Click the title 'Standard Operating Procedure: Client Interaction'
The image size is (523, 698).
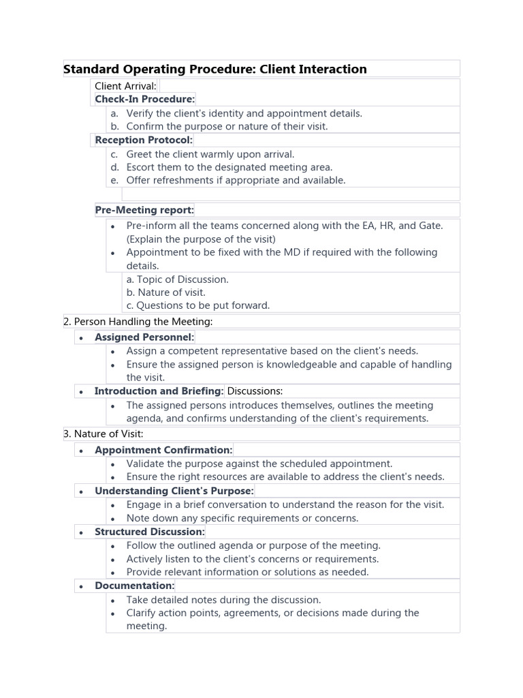coord(215,69)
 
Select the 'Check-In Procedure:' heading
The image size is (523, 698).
coord(144,100)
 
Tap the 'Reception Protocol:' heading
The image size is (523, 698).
coord(144,140)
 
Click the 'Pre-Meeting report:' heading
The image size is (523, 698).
coord(144,210)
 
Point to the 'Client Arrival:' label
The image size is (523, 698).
coord(125,86)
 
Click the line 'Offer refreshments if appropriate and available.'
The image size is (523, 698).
coord(236,181)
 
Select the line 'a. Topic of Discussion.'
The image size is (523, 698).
coord(177,279)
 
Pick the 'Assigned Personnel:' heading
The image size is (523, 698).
coord(144,337)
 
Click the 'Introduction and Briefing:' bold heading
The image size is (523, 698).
coord(159,391)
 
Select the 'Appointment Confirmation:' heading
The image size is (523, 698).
coord(163,451)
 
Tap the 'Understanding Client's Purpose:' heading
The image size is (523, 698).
coord(174,491)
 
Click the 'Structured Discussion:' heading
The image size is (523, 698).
coord(149,532)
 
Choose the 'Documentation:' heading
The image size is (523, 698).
coord(134,586)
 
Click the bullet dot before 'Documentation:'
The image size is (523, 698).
coord(81,587)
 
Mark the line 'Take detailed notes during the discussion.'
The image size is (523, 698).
coord(223,600)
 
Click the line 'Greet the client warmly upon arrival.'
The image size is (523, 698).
coord(210,154)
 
